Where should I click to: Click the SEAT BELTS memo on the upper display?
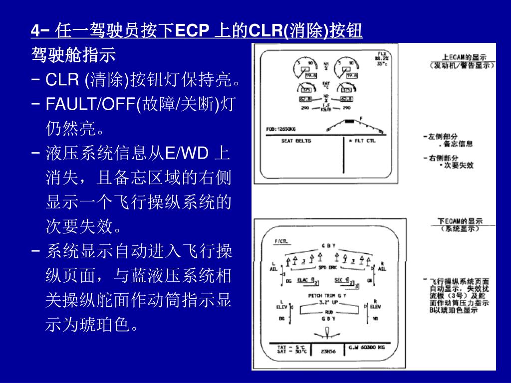pos(296,141)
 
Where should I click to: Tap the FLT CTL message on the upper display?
pos(364,141)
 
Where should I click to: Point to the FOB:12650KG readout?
pos(281,129)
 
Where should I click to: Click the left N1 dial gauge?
pos(304,69)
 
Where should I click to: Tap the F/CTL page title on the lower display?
pos(281,242)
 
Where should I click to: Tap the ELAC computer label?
pos(303,280)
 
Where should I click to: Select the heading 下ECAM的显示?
pos(460,221)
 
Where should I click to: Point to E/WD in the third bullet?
pos(186,153)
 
